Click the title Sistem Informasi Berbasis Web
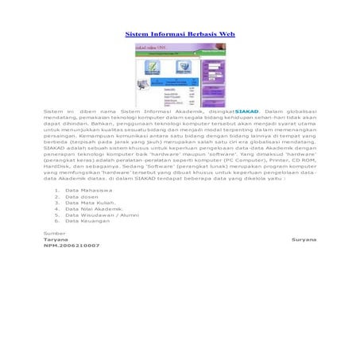coord(180,35)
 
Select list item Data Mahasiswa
coord(88,191)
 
